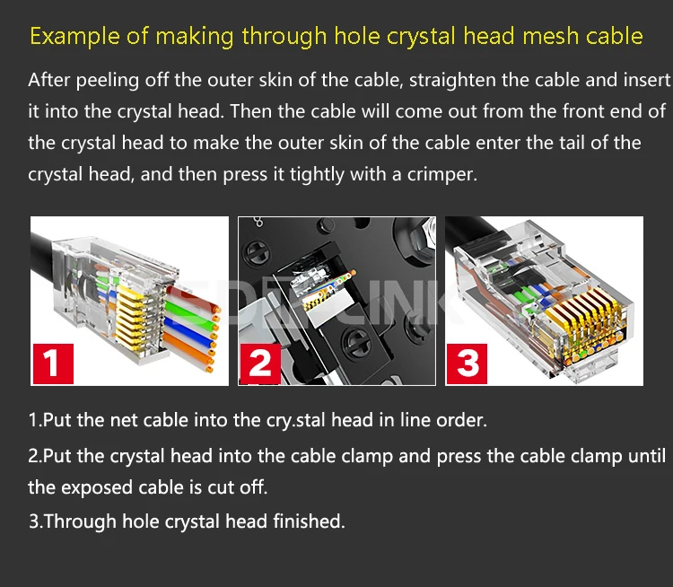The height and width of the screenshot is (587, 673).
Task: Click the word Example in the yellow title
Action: click(74, 36)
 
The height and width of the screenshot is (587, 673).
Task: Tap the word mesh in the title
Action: click(550, 35)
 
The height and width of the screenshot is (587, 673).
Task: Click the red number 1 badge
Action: click(53, 364)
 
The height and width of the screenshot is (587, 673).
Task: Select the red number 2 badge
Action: click(260, 364)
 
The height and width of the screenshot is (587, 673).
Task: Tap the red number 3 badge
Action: click(467, 364)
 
